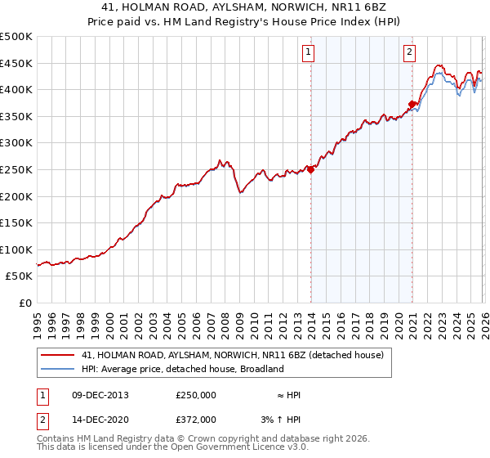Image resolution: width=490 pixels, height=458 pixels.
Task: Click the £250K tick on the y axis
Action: coord(16,170)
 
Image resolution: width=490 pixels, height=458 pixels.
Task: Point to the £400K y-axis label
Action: coord(16,90)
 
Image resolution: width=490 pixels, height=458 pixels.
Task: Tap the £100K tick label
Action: coord(16,250)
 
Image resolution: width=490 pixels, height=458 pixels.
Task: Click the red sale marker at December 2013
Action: coord(310,169)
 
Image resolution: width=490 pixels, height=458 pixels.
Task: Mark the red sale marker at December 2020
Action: coord(412,104)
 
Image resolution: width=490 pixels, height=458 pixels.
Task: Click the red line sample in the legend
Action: coord(57,355)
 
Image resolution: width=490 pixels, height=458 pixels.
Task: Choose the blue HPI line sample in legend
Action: coord(57,369)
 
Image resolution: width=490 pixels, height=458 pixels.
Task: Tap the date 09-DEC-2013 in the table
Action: coord(100,395)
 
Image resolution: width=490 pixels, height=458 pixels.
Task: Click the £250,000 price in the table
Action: coord(196,395)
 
